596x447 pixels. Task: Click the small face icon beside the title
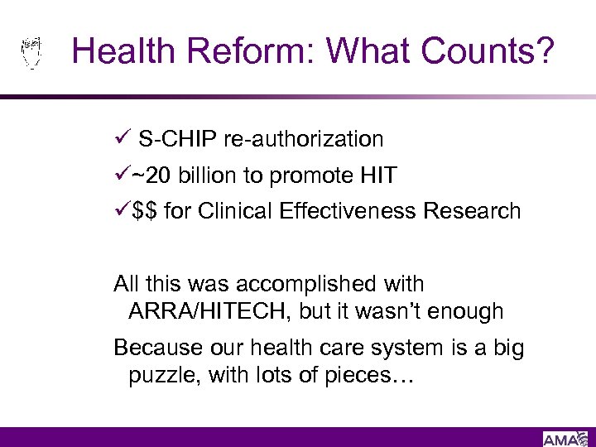point(31,52)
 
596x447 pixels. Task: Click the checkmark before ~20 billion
point(122,175)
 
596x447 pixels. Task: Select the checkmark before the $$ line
point(122,211)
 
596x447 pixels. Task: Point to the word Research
point(472,212)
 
